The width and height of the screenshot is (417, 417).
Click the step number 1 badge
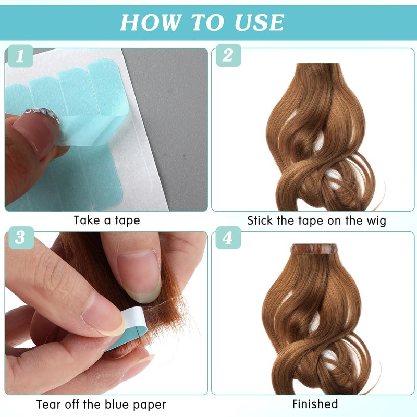(20, 56)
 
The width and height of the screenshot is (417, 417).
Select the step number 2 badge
(228, 55)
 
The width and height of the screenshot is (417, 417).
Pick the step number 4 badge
(228, 238)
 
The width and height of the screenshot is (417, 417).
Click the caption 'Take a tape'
(107, 220)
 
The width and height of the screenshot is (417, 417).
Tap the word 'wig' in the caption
(376, 221)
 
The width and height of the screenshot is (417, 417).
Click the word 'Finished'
(315, 404)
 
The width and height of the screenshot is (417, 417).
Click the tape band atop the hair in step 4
(314, 249)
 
